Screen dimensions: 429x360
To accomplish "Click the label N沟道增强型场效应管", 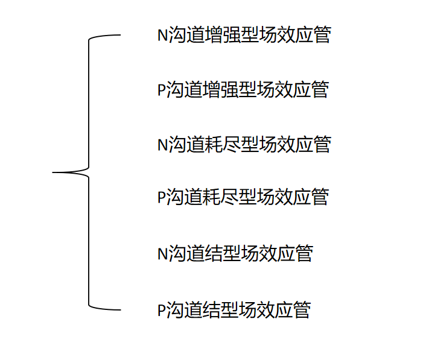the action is pyautogui.click(x=244, y=35).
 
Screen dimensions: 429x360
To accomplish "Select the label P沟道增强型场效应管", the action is pyautogui.click(x=243, y=90).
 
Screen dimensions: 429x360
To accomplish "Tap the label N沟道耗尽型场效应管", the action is pyautogui.click(x=244, y=145).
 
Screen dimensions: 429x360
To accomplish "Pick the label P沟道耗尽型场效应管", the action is pyautogui.click(x=243, y=197).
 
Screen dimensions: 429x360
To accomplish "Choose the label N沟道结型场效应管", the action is pyautogui.click(x=235, y=254).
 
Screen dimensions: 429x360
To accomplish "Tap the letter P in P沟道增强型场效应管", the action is pyautogui.click(x=161, y=90).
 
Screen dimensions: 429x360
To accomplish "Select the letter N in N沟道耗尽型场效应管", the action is pyautogui.click(x=162, y=145).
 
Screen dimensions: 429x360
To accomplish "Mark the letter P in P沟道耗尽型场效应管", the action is pyautogui.click(x=161, y=197).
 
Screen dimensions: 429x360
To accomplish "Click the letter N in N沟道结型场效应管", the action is pyautogui.click(x=162, y=254).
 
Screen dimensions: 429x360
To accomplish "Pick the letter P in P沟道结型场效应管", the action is pyautogui.click(x=161, y=311).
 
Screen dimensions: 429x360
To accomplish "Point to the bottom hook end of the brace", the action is pyautogui.click(x=119, y=310).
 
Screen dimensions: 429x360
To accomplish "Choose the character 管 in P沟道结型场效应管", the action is pyautogui.click(x=301, y=310).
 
